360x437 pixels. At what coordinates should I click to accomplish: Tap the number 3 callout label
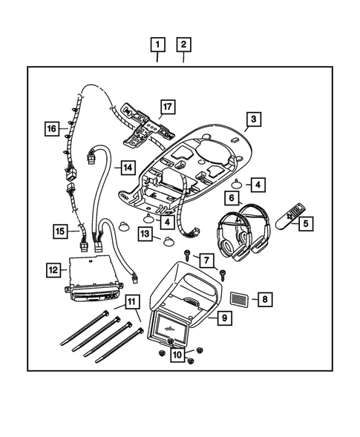tap(254, 119)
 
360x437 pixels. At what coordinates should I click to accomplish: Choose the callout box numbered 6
tap(232, 198)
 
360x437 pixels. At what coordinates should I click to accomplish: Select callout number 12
tap(53, 270)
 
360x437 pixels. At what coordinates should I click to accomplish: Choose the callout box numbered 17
tap(168, 108)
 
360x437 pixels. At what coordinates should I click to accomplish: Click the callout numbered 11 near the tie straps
tap(131, 301)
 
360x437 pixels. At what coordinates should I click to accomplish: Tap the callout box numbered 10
tap(177, 355)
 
